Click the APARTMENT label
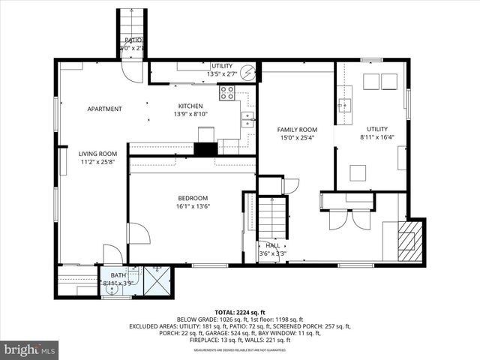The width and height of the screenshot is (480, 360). tap(104, 109)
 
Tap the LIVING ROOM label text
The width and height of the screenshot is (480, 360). tap(98, 154)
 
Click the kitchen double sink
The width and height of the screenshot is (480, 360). tap(247, 119)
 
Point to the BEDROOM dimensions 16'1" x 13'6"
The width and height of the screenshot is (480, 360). tap(193, 206)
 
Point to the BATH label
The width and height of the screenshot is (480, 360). tap(118, 275)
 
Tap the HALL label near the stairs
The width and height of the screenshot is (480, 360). tap(272, 245)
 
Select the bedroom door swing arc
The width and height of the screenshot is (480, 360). tap(138, 233)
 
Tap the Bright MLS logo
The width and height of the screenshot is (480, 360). tap(30, 349)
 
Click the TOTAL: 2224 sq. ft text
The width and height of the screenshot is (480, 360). tap(239, 311)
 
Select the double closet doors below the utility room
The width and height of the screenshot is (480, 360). tap(350, 218)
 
